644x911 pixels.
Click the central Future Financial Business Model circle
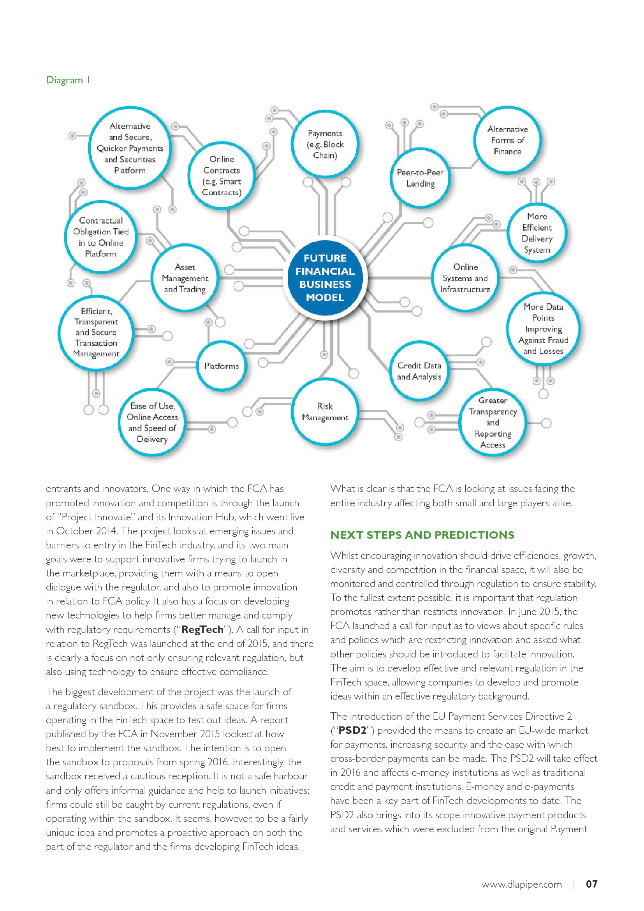325,277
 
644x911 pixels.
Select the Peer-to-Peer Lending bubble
420,178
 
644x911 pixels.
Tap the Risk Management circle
325,411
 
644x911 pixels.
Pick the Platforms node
221,366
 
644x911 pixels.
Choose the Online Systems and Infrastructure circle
465,278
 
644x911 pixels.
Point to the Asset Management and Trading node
185,278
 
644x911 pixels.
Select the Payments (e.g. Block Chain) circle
325,144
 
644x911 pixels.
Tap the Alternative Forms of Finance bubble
507,140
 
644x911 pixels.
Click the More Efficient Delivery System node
537,233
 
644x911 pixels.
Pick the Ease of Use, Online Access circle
152,422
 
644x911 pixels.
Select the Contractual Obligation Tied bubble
101,237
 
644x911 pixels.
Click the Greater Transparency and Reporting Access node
493,422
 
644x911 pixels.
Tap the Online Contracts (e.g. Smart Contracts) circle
221,175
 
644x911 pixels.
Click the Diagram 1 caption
68,80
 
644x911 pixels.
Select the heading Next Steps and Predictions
422,535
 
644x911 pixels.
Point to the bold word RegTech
202,629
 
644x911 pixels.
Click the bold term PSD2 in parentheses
352,730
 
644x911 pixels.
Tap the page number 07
591,884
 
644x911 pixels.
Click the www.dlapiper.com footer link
521,884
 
